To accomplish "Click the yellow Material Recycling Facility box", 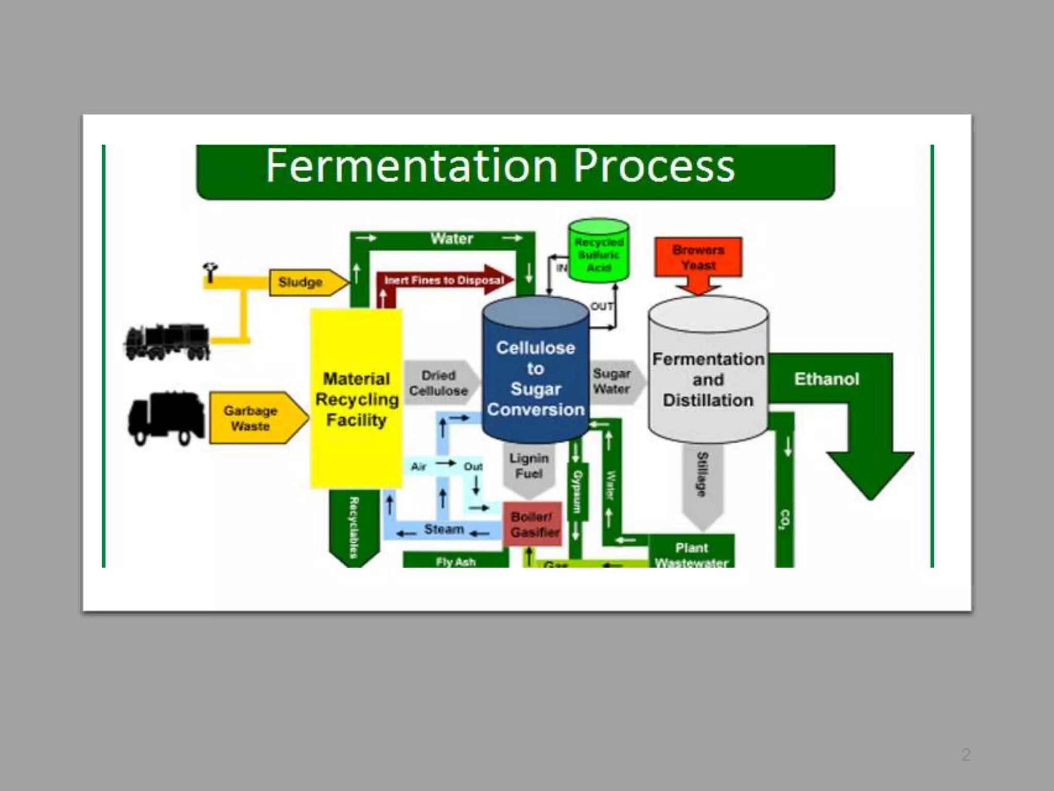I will pos(356,399).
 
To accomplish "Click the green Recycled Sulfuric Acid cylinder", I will pos(599,252).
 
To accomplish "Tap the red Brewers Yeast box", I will pos(698,257).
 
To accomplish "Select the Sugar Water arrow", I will pos(614,381).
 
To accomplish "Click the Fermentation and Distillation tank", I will pos(708,380).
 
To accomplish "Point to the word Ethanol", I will pos(827,379).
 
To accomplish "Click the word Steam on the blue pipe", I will pos(444,529).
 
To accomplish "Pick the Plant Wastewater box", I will pos(691,554).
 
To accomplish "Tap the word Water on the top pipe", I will pos(452,239).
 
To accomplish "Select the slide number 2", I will pos(966,754).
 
